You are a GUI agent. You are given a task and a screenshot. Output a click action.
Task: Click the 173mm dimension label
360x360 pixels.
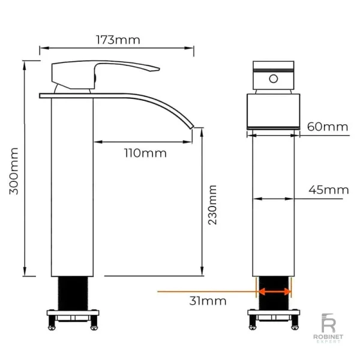pyautogui.click(x=118, y=40)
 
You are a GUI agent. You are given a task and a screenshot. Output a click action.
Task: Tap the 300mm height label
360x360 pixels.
pyautogui.click(x=14, y=171)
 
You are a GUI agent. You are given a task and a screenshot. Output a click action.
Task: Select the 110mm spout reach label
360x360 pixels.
pyautogui.click(x=145, y=153)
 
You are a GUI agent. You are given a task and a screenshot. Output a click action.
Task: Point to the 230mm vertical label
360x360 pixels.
pyautogui.click(x=212, y=205)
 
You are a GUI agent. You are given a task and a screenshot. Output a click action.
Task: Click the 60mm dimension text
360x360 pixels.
pyautogui.click(x=328, y=127)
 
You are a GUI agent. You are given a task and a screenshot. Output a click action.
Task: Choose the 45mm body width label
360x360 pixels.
pyautogui.click(x=329, y=190)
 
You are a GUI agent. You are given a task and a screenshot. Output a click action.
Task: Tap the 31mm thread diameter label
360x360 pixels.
pyautogui.click(x=208, y=301)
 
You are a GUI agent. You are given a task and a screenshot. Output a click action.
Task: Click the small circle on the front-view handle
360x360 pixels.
pyautogui.click(x=273, y=79)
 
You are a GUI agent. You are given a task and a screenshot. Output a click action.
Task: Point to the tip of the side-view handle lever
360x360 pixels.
pyautogui.click(x=160, y=68)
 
